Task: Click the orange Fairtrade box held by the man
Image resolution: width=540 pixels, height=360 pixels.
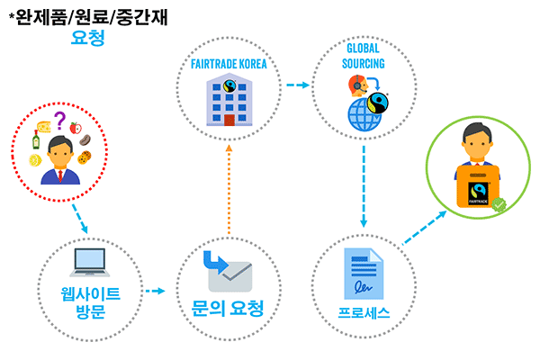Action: [480, 191]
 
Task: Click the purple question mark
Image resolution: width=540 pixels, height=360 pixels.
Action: [60, 120]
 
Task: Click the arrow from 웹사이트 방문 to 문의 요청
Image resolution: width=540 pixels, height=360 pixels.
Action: [156, 291]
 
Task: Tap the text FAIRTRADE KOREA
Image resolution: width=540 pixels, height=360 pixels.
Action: [229, 65]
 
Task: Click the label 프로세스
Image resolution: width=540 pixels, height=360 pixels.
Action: [364, 311]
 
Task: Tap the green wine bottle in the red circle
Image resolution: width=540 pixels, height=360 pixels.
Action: [37, 139]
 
